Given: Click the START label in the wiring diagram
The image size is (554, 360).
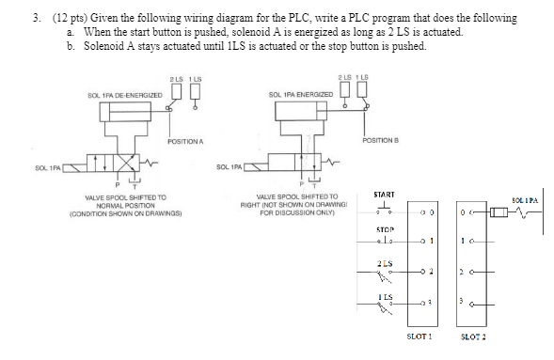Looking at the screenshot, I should (383, 194).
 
